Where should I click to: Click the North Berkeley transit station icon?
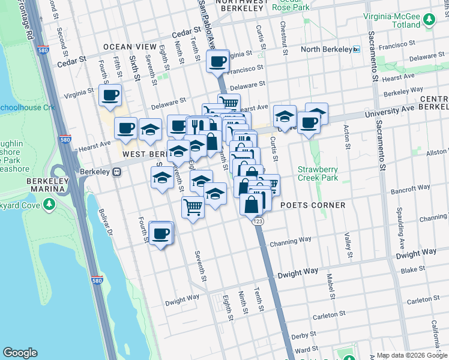[x=356, y=49]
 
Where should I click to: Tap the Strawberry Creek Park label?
[x=318, y=173]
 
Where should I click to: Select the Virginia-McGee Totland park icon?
[x=429, y=20]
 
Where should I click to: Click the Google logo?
[x=20, y=353]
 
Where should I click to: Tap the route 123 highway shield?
[x=258, y=221]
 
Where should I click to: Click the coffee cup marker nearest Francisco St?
[x=218, y=61]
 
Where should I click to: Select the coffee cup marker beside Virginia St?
[x=110, y=95]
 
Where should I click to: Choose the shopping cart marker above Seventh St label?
[x=193, y=208]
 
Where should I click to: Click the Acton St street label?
[x=347, y=137]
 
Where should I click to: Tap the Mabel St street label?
[x=330, y=286]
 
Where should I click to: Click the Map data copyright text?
[x=411, y=355]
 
